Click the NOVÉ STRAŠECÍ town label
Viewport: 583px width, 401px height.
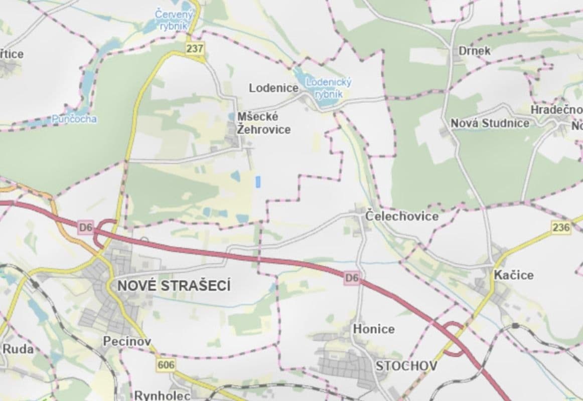click(174, 286)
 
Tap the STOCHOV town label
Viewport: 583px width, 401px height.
click(406, 365)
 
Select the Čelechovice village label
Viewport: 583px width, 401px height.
click(401, 217)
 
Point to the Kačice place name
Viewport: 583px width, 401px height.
click(513, 275)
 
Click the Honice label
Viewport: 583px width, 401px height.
click(374, 329)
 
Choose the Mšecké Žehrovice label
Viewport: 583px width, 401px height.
click(263, 123)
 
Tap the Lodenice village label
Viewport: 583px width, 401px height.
click(273, 88)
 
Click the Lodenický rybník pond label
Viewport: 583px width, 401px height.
click(329, 87)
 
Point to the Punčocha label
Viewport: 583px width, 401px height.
click(74, 119)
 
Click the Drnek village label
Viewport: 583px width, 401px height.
click(474, 51)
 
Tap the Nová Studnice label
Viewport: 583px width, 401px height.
click(490, 123)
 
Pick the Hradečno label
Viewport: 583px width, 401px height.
click(556, 110)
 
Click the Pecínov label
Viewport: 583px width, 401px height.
click(126, 341)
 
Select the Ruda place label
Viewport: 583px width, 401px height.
click(18, 349)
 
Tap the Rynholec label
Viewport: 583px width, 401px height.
click(162, 395)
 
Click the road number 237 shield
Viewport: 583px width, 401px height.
click(195, 49)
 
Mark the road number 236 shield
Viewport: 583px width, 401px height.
click(560, 228)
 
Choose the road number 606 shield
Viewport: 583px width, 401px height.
click(166, 365)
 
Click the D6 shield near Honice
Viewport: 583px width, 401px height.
click(352, 277)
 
